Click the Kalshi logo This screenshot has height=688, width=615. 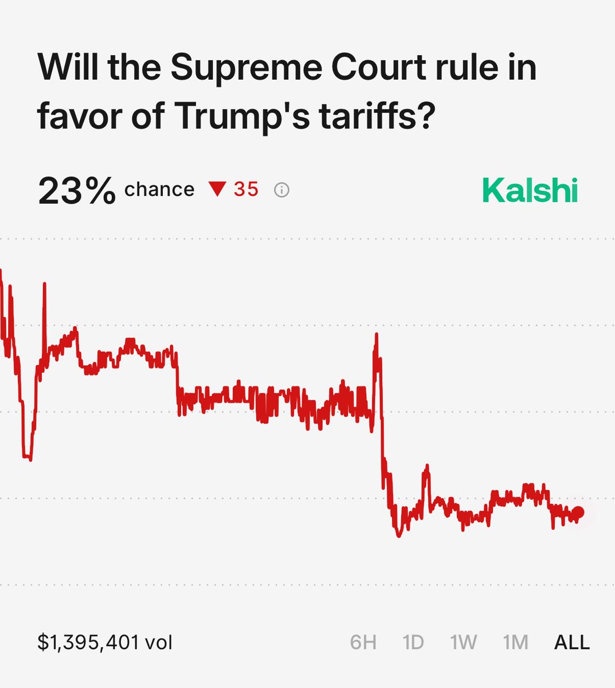(530, 191)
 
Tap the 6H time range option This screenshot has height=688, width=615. (363, 642)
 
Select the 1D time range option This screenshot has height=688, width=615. (413, 642)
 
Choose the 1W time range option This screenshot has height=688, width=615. (464, 642)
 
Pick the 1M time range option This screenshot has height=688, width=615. (515, 642)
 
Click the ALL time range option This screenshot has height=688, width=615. (571, 642)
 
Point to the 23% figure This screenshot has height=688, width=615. (76, 191)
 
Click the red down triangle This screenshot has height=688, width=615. (218, 189)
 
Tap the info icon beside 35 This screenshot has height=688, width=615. (281, 190)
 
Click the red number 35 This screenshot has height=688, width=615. (246, 189)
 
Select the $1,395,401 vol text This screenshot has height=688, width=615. (105, 642)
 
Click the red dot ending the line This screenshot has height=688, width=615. (578, 513)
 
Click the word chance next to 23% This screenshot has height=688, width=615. (159, 189)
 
